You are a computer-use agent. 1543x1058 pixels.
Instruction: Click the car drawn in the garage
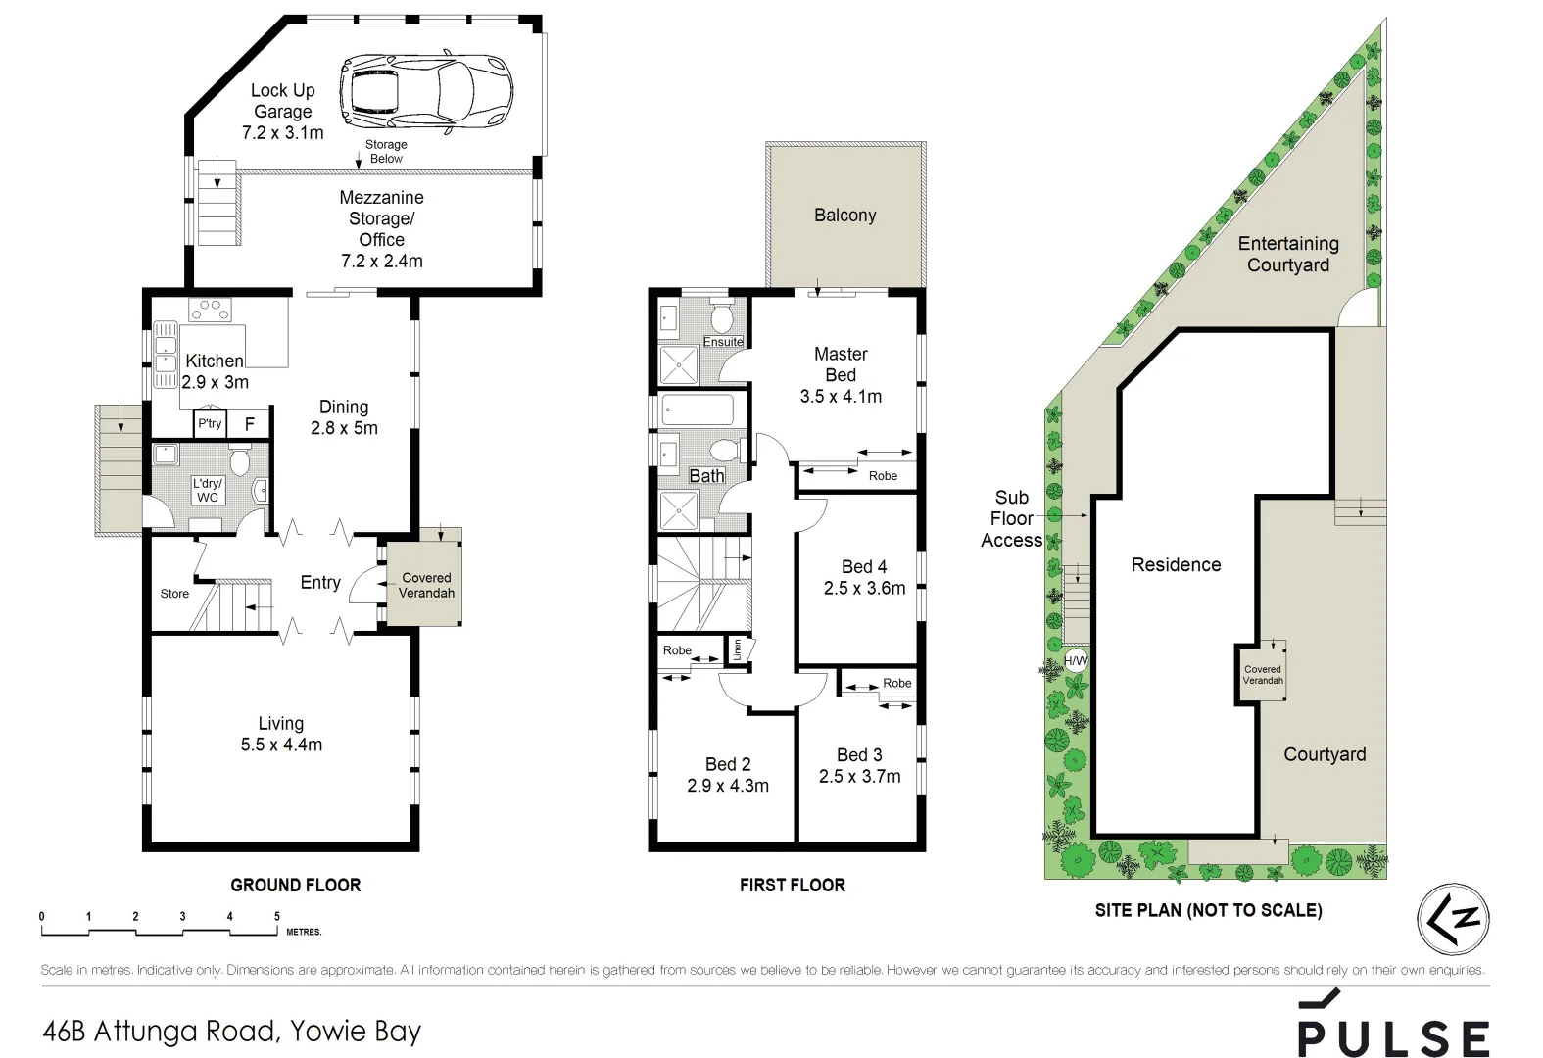426,91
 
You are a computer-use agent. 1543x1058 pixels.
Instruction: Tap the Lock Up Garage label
283,111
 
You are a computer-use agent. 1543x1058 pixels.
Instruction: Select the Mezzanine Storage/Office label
381,228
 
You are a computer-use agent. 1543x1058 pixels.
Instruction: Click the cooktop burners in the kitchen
211,310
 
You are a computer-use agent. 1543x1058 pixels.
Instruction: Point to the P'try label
210,423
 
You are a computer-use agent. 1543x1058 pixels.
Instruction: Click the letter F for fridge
250,424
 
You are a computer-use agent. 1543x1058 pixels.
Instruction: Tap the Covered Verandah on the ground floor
426,585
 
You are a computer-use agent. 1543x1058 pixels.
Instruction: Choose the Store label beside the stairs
174,594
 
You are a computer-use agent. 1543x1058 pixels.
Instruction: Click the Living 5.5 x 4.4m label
281,734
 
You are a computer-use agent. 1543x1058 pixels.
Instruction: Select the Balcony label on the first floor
844,216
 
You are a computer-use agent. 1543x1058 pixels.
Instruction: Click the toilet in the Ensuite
722,318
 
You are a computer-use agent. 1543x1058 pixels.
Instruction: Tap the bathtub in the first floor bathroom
697,409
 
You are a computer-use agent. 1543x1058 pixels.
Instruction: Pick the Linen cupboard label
738,649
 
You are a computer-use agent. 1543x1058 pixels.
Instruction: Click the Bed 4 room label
864,577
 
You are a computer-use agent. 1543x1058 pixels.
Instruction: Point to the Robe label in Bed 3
896,683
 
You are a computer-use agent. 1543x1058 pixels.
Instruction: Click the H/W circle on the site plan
1076,661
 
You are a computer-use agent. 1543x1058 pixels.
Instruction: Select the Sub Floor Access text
1011,519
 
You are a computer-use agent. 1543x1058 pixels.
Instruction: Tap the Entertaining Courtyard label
1287,255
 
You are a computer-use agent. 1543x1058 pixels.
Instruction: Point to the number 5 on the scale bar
277,917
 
